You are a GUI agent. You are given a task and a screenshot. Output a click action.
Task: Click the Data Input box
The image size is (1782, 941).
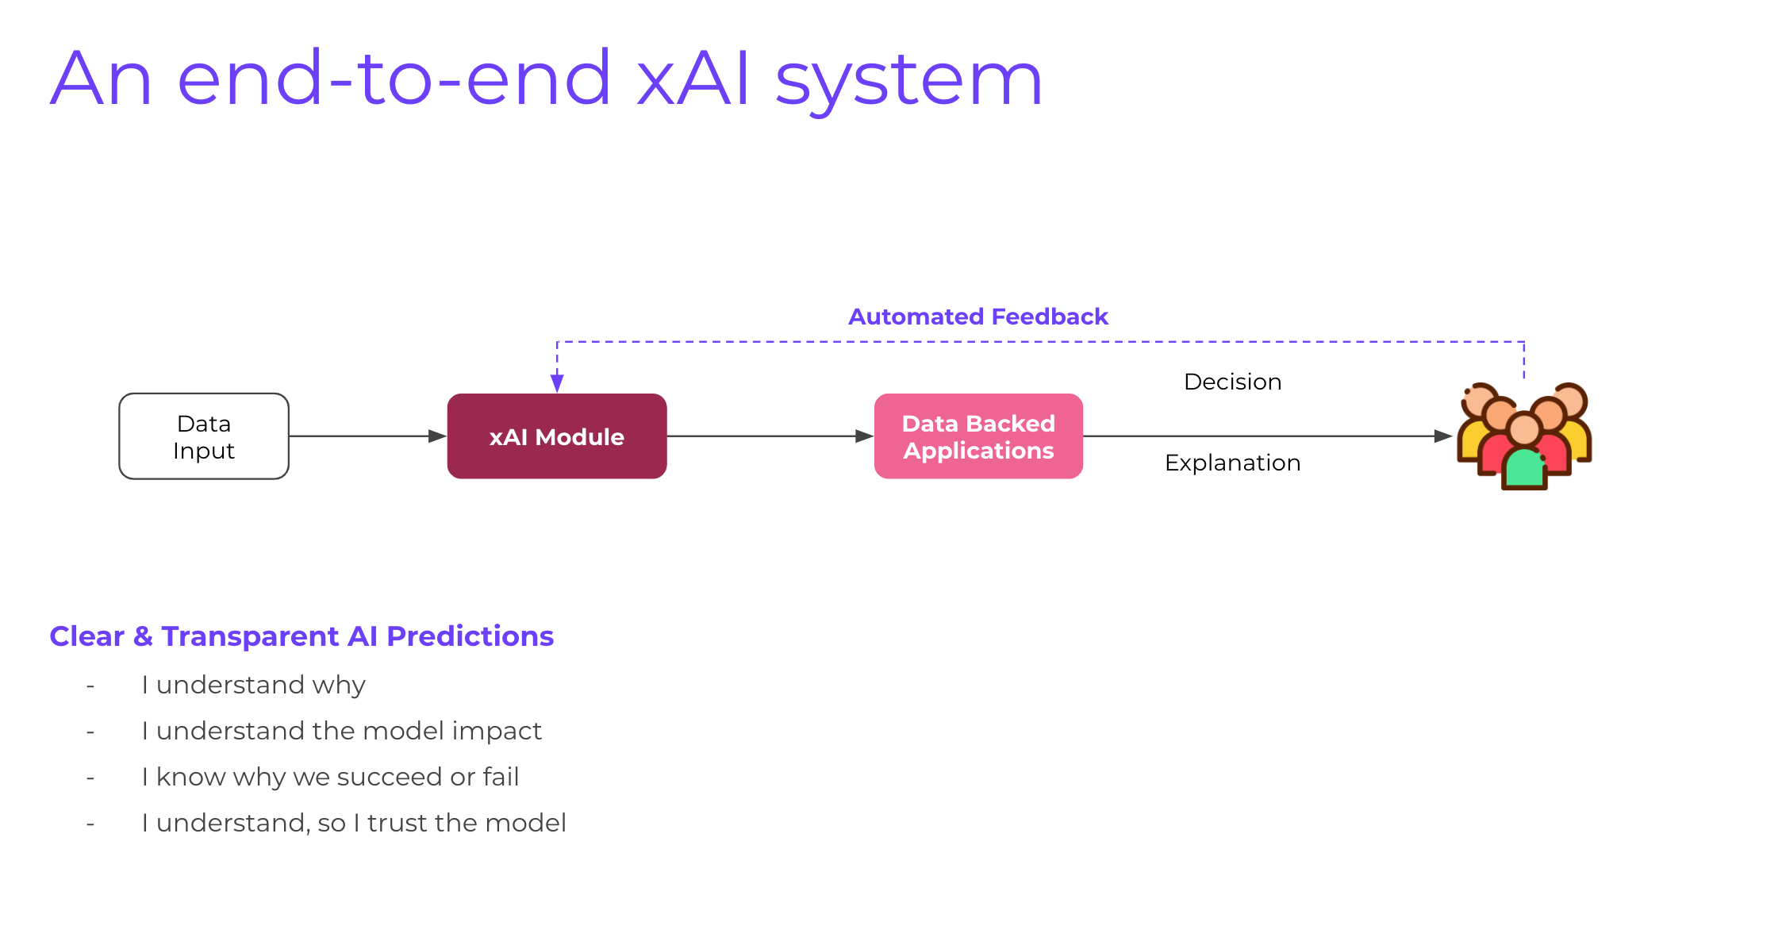click(x=204, y=436)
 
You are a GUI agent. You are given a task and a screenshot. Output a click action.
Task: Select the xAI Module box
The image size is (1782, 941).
click(x=557, y=436)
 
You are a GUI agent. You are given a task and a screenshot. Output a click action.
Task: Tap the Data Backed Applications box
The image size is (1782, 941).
click(x=978, y=436)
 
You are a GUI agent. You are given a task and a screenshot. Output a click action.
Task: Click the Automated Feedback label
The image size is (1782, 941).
click(x=977, y=317)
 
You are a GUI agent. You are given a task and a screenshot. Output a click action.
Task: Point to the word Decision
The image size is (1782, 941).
click(x=1232, y=382)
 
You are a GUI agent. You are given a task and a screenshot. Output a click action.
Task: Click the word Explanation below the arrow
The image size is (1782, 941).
click(x=1232, y=463)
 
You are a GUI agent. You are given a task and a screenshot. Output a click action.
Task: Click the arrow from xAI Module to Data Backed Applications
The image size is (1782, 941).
click(x=770, y=436)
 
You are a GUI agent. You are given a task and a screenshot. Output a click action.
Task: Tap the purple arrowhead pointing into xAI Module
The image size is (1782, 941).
click(x=557, y=383)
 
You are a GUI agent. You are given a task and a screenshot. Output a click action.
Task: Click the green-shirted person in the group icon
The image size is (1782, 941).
click(x=1524, y=468)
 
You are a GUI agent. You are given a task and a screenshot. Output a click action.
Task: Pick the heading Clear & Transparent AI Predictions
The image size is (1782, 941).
click(x=301, y=636)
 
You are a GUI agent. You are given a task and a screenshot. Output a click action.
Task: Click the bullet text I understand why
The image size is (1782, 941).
click(x=253, y=685)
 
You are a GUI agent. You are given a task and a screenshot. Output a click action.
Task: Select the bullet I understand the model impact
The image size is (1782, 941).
click(x=341, y=731)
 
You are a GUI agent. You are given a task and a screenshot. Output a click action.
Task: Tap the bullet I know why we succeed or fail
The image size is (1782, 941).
click(x=330, y=777)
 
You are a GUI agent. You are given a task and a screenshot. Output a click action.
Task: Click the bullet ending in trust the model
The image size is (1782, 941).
click(x=354, y=823)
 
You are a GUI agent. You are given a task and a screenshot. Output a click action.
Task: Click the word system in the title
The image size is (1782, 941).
click(x=908, y=79)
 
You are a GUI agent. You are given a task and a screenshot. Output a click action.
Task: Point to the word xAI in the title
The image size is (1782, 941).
click(x=693, y=79)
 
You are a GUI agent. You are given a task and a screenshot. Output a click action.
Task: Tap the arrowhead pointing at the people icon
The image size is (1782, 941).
click(x=1443, y=436)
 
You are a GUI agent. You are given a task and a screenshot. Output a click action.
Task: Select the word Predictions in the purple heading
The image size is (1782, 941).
click(x=470, y=636)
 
